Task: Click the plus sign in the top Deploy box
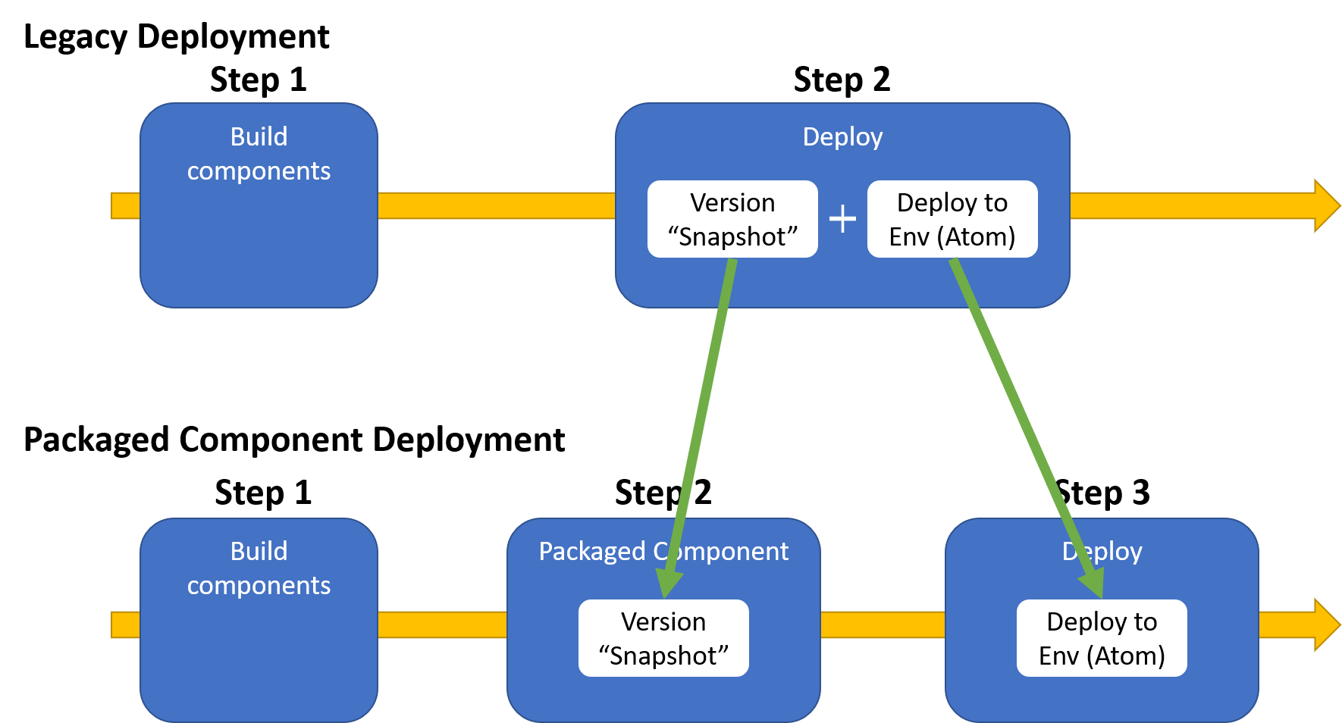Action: click(842, 219)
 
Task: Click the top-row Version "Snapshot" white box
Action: click(732, 219)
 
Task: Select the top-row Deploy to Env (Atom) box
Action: click(952, 219)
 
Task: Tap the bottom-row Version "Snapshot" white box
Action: click(663, 638)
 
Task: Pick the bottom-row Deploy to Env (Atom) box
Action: click(1102, 638)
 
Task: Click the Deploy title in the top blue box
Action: click(842, 137)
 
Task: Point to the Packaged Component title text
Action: click(663, 552)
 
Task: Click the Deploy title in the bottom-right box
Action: click(1102, 552)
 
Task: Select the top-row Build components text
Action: click(259, 154)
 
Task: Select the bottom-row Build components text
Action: click(259, 568)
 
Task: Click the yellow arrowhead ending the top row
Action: click(1327, 205)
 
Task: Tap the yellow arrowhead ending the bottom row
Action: click(1327, 624)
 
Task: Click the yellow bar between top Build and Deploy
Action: click(497, 205)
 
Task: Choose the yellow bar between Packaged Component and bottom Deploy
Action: click(883, 624)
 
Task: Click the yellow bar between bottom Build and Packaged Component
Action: click(442, 624)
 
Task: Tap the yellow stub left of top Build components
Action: click(126, 205)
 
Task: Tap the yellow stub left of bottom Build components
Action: click(126, 624)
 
